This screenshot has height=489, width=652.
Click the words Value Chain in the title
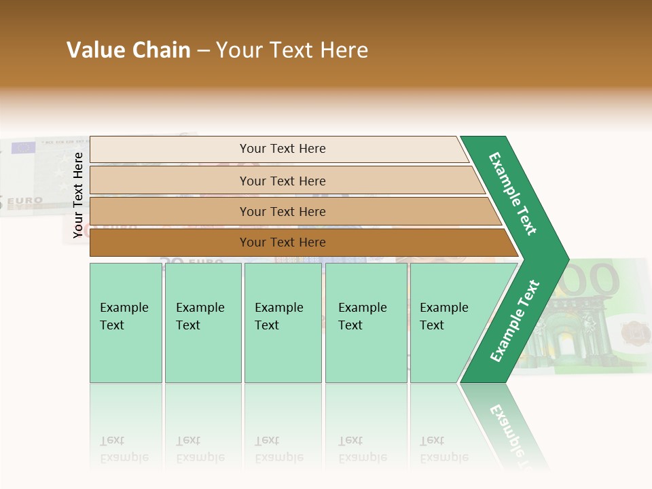coord(128,50)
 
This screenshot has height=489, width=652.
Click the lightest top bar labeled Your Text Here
coord(282,149)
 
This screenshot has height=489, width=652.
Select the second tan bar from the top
coord(282,181)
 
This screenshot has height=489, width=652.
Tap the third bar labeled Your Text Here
coord(282,211)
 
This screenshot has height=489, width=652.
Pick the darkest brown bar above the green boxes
coord(282,242)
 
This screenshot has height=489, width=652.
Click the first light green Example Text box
coord(126,322)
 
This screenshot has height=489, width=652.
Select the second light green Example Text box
coord(202,322)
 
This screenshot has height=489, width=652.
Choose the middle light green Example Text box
coord(283,322)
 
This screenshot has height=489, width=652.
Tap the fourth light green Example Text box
coord(365,322)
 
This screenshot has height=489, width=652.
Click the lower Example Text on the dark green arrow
coord(514,321)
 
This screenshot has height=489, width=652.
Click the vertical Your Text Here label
coord(78,195)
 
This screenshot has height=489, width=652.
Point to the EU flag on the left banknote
coord(23,147)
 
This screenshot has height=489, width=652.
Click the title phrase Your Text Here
coord(292,50)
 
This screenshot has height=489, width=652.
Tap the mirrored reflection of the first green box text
coord(124,449)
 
